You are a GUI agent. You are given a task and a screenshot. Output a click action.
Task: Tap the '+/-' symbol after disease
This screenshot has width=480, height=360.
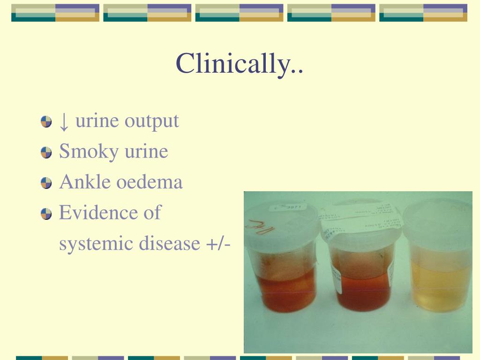218,244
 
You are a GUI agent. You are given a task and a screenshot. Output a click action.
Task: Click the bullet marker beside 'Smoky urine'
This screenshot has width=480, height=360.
46,152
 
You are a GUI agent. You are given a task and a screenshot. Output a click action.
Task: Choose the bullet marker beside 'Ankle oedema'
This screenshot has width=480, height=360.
46,183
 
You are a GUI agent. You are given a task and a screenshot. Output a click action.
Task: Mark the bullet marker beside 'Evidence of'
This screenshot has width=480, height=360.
46,214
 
